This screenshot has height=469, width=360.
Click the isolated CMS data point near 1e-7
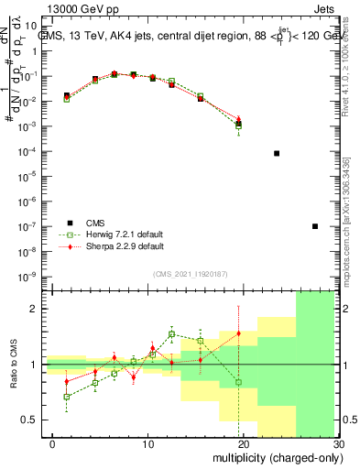point(315,226)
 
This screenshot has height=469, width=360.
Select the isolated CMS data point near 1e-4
point(277,153)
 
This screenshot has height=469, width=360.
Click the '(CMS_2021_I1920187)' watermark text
point(191,273)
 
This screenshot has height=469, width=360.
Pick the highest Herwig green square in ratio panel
point(171,334)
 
